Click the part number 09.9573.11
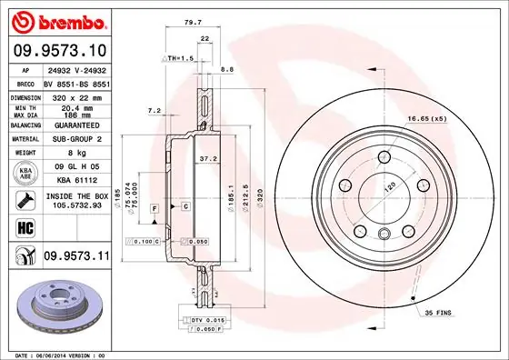(x=75, y=258)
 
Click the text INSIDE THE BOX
(x=75, y=195)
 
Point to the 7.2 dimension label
(x=154, y=110)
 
